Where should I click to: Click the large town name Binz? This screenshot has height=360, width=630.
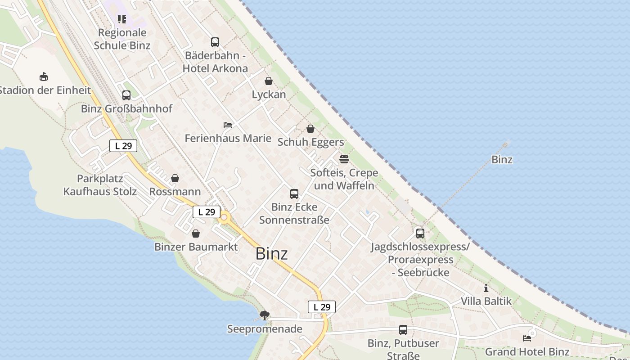(x=271, y=254)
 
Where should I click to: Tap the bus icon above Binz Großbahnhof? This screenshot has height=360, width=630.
(x=126, y=95)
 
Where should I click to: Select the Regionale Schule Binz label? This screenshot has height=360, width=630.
(x=122, y=39)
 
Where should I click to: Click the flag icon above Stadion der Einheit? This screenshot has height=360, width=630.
(x=44, y=76)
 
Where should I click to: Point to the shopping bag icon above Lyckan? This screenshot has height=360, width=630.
(x=269, y=81)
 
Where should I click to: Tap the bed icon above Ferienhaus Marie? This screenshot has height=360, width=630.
(x=228, y=125)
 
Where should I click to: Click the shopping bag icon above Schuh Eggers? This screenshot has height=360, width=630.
(x=310, y=129)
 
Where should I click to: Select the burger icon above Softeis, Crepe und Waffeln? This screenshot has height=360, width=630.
(x=344, y=159)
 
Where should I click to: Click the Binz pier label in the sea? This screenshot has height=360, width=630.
(x=502, y=159)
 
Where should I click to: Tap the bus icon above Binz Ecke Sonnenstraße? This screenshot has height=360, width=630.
(x=294, y=194)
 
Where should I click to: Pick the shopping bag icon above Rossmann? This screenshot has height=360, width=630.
(x=175, y=178)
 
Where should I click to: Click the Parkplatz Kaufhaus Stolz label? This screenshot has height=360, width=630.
(x=100, y=185)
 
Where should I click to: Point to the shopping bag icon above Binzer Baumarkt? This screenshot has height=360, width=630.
(x=196, y=234)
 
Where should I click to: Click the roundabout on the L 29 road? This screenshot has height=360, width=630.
(x=224, y=218)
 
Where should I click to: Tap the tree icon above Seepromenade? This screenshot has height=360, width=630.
(x=265, y=315)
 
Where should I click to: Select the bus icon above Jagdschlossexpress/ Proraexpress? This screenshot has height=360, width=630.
(x=420, y=234)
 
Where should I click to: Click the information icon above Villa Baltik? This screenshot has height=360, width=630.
(x=486, y=288)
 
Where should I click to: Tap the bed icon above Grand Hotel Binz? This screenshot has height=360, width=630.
(x=527, y=338)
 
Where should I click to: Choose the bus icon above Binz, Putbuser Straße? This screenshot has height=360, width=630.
(x=403, y=330)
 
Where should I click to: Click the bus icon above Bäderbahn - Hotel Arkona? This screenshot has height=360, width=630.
(x=215, y=42)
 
